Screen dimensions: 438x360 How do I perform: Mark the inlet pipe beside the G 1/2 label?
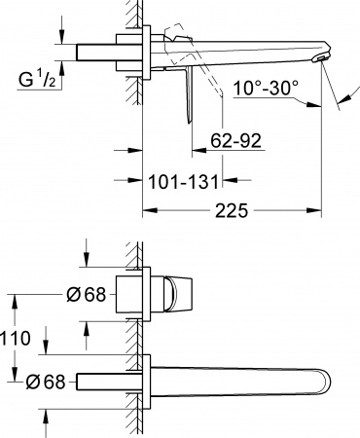tap(97, 52)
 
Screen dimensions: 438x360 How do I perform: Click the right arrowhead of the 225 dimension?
tap(315, 210)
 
